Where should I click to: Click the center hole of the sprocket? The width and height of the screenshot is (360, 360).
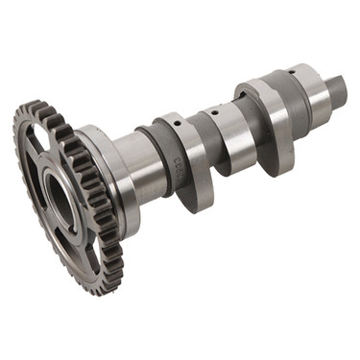[x=59, y=201]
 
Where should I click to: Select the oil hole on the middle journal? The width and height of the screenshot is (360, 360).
[x=220, y=109]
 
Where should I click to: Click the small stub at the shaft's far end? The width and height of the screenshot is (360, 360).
[x=335, y=91]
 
